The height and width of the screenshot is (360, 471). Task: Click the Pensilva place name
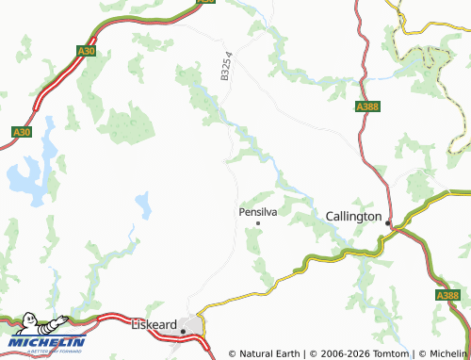(x=259, y=213)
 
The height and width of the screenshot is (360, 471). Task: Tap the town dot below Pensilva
(x=258, y=223)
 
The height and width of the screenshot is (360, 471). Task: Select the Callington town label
(x=353, y=216)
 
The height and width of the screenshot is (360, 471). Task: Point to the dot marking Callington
(x=387, y=221)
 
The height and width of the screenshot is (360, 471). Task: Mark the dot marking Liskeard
(x=183, y=332)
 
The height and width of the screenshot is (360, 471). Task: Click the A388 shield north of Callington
(x=367, y=108)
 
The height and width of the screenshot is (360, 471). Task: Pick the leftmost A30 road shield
(x=21, y=132)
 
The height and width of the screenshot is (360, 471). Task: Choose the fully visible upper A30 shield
(x=87, y=51)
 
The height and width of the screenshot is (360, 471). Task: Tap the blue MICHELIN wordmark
(x=47, y=341)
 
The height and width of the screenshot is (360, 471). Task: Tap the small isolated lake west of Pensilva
(x=143, y=203)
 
